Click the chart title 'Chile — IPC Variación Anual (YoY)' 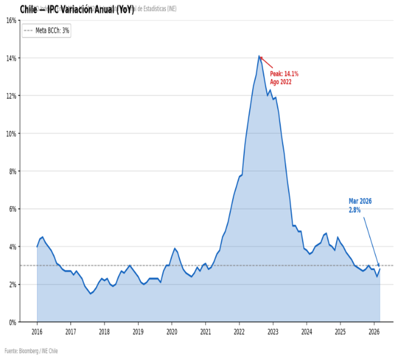[77, 9]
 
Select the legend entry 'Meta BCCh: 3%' [46, 30]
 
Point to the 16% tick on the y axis [11, 20]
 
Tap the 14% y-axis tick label [11, 58]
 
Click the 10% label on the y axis [11, 133]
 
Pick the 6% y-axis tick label [12, 209]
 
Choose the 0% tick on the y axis [12, 322]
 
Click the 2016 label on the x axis [37, 331]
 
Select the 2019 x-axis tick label [138, 331]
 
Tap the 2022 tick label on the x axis [239, 331]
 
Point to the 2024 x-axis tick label [306, 331]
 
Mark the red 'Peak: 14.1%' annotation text [284, 74]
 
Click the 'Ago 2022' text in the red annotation [281, 81]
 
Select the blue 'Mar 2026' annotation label [360, 201]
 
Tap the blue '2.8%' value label [354, 210]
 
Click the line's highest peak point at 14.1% [259, 56]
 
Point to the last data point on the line [379, 269]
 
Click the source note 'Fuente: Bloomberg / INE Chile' [31, 351]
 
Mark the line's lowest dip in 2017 [91, 294]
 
